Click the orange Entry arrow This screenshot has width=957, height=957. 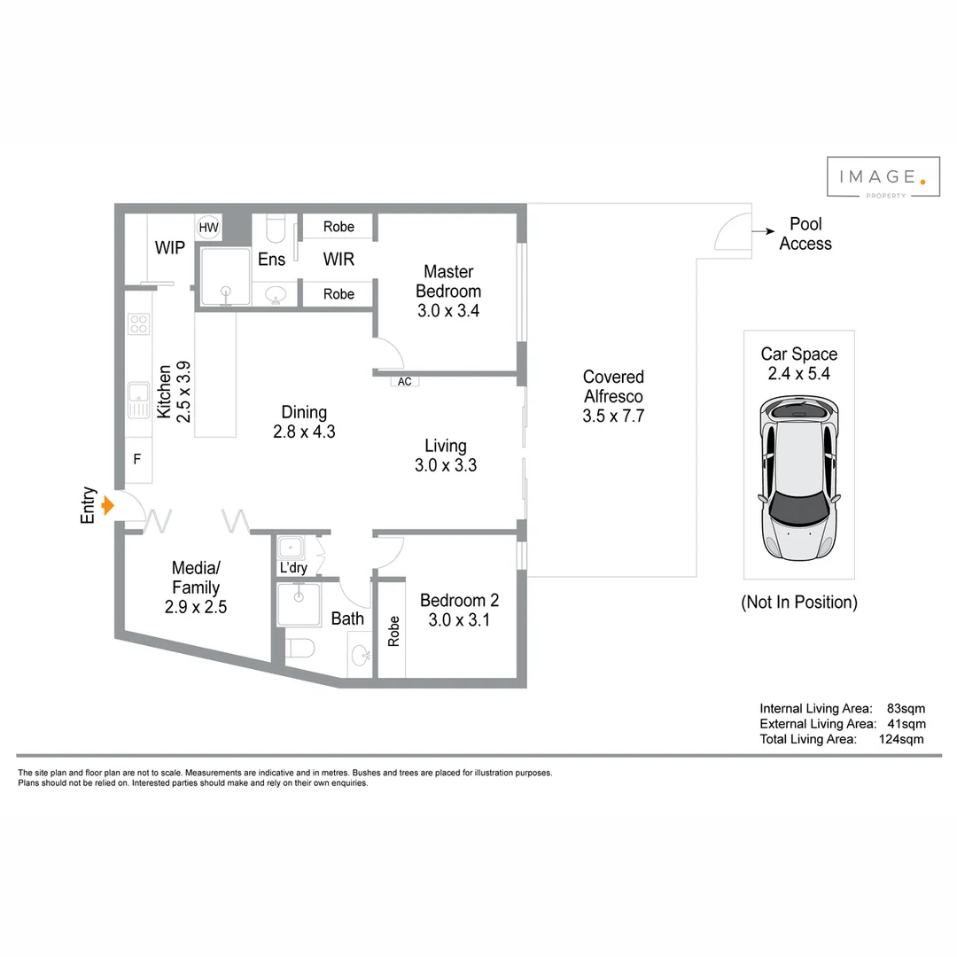pyautogui.click(x=108, y=506)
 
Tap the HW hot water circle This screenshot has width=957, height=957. pyautogui.click(x=208, y=228)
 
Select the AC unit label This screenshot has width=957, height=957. pyautogui.click(x=405, y=382)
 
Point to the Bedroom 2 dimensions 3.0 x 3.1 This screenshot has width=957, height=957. pyautogui.click(x=458, y=620)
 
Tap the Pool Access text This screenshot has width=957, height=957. pyautogui.click(x=805, y=234)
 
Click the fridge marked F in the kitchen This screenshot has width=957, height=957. pyautogui.click(x=137, y=459)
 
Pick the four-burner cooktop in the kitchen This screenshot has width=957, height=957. pyautogui.click(x=138, y=323)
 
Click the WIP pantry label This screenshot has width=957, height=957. pyautogui.click(x=170, y=248)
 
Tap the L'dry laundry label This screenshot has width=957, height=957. pyautogui.click(x=292, y=567)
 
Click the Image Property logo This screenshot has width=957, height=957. pyautogui.click(x=883, y=178)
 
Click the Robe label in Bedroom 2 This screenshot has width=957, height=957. pyautogui.click(x=393, y=631)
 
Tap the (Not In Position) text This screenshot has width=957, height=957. pyautogui.click(x=799, y=603)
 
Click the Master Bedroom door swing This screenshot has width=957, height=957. pyautogui.click(x=389, y=354)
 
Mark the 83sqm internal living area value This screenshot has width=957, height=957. pyautogui.click(x=906, y=708)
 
